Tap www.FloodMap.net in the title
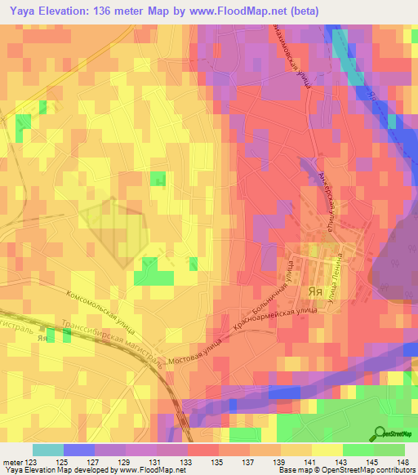coord(245,11)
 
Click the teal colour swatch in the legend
coord(47,449)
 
